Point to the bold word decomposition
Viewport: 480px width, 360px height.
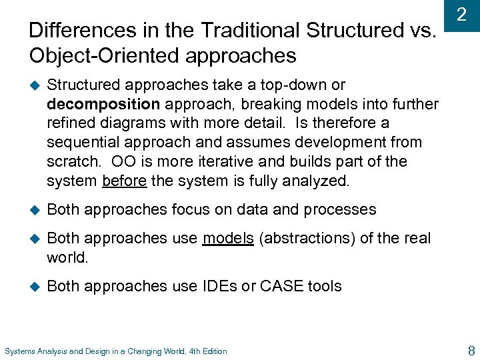tap(103, 104)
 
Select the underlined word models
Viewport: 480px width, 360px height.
tap(228, 238)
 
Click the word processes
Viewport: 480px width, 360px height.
tap(340, 209)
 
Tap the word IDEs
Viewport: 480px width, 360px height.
tap(219, 286)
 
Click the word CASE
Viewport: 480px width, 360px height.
tap(282, 286)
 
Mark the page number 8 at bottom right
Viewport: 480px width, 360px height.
tap(471, 349)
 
